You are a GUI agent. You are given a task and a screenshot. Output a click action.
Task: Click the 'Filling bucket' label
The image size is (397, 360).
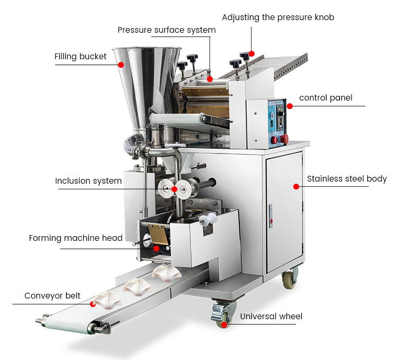(x=80, y=57)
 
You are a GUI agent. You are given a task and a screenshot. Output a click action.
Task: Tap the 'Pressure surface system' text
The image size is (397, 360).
(x=166, y=30)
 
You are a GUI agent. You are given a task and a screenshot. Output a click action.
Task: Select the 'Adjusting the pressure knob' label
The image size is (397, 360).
(x=278, y=17)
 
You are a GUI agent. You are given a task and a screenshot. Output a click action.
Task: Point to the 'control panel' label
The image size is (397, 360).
(x=326, y=98)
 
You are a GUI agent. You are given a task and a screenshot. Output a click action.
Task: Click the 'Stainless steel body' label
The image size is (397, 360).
(x=347, y=179)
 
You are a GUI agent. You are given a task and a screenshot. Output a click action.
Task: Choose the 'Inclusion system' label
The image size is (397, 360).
(x=88, y=181)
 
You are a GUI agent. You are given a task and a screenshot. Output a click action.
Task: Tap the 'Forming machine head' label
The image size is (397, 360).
(x=76, y=238)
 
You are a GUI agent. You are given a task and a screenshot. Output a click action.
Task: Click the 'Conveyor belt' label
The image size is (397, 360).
(x=52, y=295)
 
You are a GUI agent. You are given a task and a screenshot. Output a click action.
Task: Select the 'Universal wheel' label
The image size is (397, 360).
(x=271, y=317)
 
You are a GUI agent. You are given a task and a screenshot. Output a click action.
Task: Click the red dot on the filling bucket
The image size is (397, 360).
(x=121, y=65)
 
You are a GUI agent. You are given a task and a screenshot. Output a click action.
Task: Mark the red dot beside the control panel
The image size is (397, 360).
(x=290, y=106)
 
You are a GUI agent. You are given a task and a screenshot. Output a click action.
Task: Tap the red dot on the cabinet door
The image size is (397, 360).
(x=295, y=186)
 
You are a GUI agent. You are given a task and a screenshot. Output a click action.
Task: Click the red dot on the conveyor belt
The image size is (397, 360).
(x=93, y=304)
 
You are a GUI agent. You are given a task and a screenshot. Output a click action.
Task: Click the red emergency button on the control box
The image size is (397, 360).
(x=284, y=139)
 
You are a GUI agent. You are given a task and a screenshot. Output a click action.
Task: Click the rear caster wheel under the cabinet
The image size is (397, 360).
(x=289, y=279)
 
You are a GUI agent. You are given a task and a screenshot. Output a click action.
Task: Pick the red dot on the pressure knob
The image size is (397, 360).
(x=252, y=53)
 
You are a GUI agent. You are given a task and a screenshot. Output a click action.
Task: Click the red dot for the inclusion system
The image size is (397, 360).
(x=174, y=188)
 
